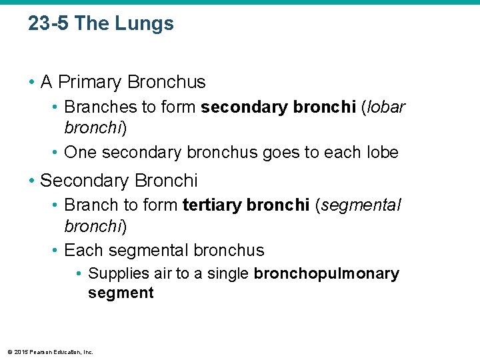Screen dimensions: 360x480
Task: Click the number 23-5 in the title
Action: click(49, 24)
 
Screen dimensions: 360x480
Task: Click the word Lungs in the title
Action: click(145, 24)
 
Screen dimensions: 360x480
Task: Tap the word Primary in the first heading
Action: click(90, 82)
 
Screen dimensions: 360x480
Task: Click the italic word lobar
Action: click(385, 107)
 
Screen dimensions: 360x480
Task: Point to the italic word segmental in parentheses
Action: click(363, 205)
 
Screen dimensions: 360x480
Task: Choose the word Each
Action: click(83, 250)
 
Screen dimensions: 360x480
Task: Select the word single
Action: click(228, 274)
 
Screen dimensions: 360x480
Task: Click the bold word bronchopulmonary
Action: click(327, 274)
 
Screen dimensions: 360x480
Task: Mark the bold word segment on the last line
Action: click(121, 293)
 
